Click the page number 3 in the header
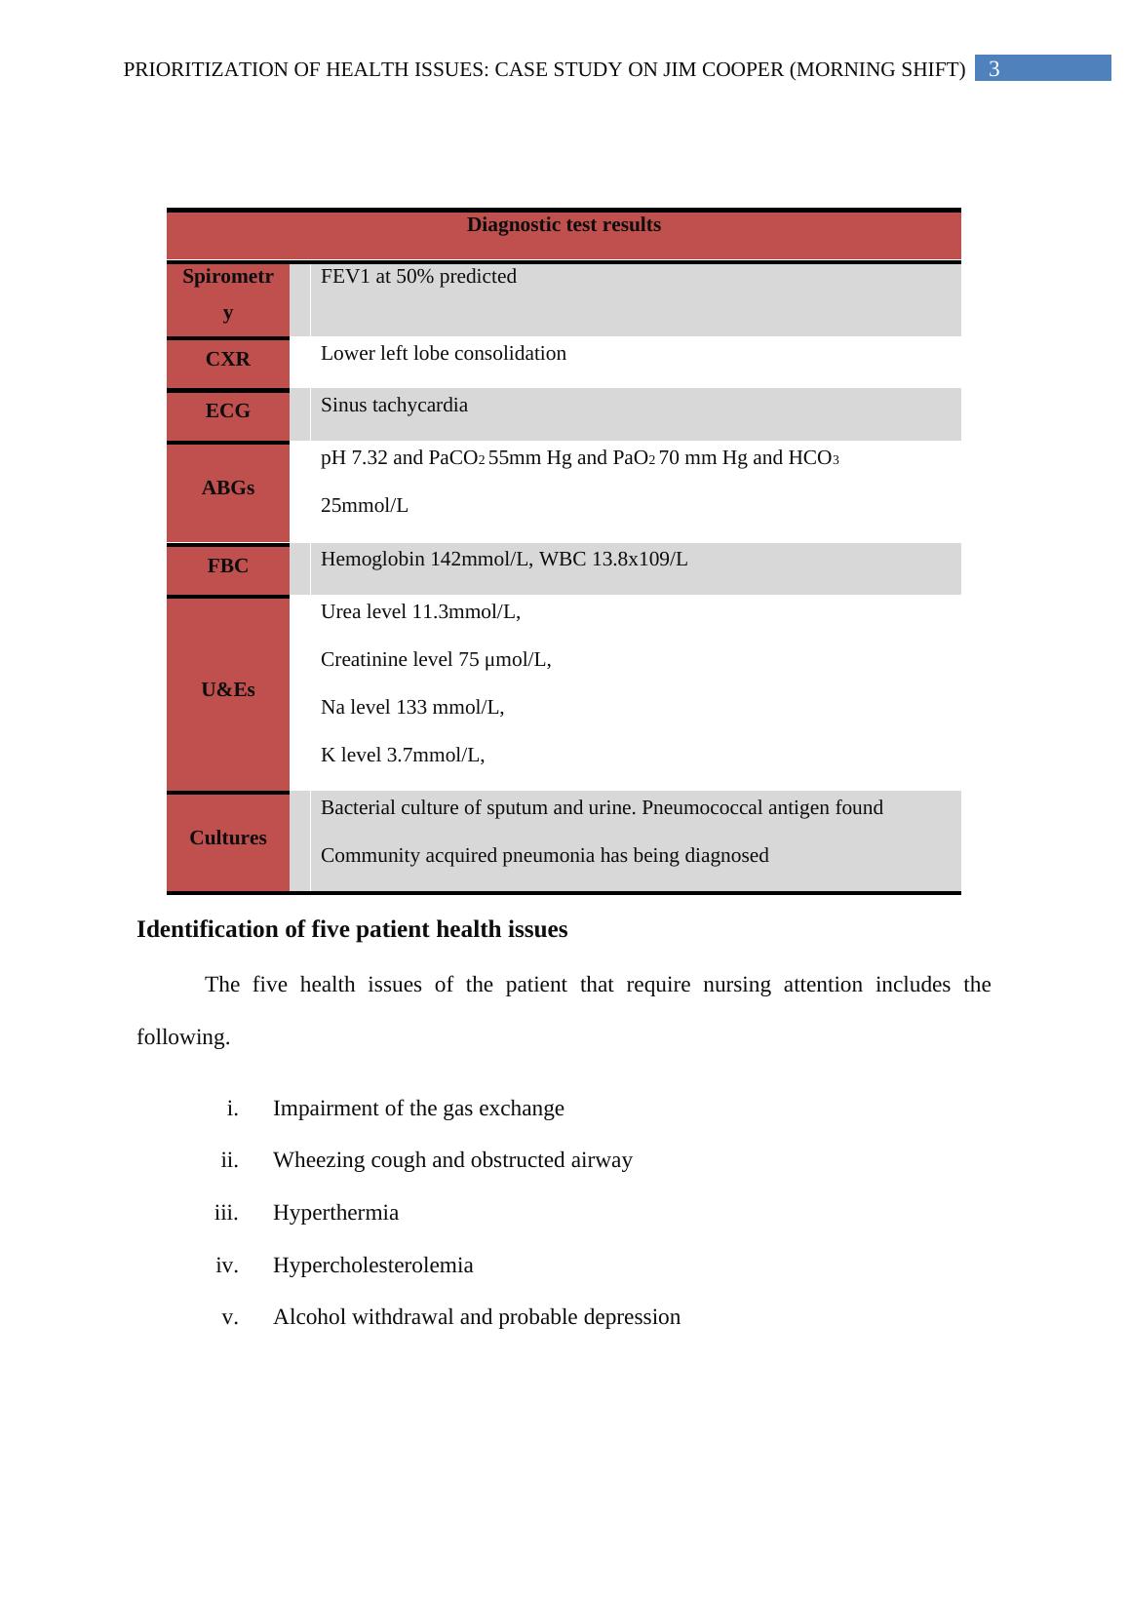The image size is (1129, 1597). [x=993, y=69]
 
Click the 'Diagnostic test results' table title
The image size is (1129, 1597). [x=564, y=225]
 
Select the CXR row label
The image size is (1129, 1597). [x=227, y=360]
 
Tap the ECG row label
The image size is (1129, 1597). [x=227, y=411]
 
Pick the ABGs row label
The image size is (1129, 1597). [x=227, y=488]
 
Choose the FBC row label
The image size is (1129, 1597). [x=227, y=566]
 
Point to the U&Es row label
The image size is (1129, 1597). [x=227, y=690]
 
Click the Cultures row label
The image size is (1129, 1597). [x=227, y=838]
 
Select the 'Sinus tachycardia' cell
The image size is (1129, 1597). [x=394, y=406]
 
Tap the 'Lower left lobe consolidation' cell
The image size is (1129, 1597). [x=444, y=354]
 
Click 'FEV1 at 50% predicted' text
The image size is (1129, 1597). [x=418, y=277]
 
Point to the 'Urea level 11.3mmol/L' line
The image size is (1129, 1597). [x=420, y=612]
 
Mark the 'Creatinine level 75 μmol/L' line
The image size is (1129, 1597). [x=436, y=660]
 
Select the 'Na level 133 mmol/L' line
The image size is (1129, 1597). [x=412, y=708]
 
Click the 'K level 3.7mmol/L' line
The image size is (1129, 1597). [x=403, y=756]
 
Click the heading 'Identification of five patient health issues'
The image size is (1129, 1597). [x=352, y=930]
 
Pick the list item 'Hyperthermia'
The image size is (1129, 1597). [x=335, y=1213]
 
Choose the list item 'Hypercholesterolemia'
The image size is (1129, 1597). [x=372, y=1266]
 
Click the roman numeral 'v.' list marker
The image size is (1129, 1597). [x=230, y=1317]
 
